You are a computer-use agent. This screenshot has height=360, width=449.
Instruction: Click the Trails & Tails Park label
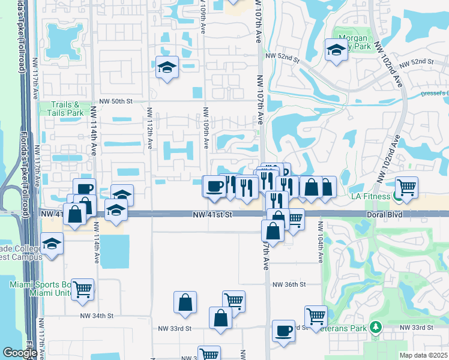point(67,108)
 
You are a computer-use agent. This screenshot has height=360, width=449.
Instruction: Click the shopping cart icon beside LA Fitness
point(406,187)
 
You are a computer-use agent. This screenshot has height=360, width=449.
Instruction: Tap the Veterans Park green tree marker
point(376,327)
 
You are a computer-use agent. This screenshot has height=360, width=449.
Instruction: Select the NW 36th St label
point(289,284)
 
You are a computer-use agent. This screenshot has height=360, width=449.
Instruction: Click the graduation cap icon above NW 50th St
point(166,67)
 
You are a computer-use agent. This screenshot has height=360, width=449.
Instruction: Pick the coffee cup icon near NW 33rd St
point(283,329)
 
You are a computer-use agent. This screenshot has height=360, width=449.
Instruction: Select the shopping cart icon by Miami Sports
point(83,289)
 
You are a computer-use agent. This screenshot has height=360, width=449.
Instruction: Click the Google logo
point(20,353)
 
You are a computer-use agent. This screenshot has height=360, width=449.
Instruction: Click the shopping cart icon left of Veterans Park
point(315,315)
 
